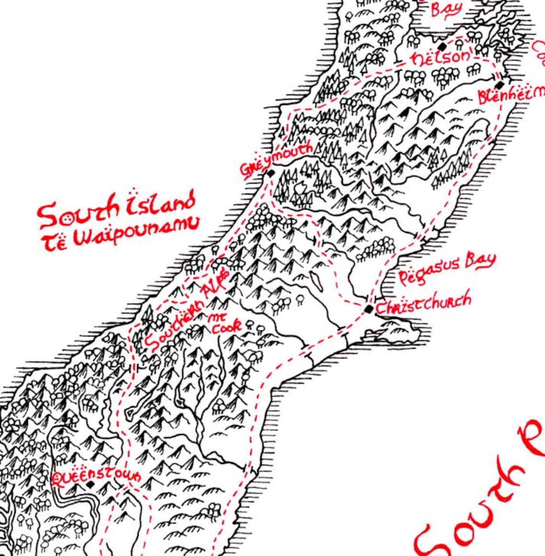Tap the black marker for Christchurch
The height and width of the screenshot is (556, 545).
[x=369, y=309]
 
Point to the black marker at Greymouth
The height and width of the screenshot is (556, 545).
[x=271, y=173]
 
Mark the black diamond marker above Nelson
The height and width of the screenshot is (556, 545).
[x=443, y=46]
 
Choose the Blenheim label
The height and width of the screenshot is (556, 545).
[x=511, y=95]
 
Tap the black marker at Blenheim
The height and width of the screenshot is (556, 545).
[x=500, y=84]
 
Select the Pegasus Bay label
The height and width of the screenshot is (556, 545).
[x=446, y=269]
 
